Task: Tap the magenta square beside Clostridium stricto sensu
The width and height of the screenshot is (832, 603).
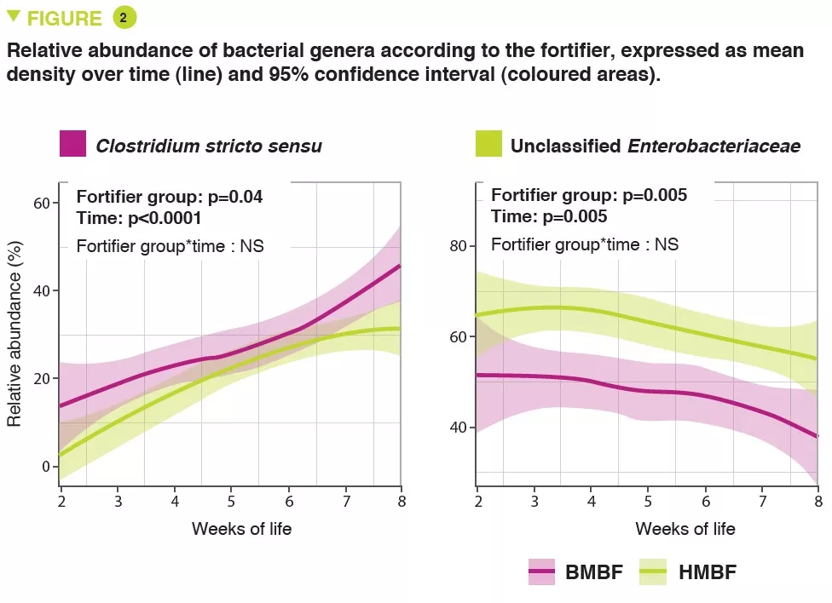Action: (73, 144)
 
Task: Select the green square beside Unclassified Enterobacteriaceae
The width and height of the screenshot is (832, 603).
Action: (488, 144)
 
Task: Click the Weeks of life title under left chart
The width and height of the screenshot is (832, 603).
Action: (241, 529)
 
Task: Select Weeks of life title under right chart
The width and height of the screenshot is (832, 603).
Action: (685, 529)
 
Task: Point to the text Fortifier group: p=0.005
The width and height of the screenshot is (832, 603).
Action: (589, 196)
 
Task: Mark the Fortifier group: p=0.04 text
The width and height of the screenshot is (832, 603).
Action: (170, 197)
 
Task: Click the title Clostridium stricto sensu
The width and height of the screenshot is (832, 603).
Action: (209, 146)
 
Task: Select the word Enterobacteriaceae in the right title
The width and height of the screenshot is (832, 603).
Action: (714, 146)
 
